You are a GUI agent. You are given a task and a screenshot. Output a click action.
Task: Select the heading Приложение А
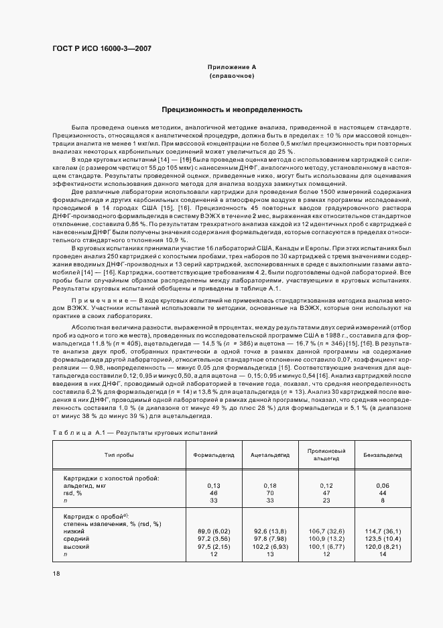(232, 68)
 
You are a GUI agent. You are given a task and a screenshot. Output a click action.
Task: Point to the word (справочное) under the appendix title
(232, 76)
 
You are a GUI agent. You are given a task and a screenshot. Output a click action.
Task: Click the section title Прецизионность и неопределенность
(232, 109)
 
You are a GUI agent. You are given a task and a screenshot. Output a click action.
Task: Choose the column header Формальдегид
(214, 455)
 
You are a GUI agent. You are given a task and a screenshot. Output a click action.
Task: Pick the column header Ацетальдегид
(270, 455)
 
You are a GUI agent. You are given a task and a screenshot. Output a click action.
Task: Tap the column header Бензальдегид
(383, 455)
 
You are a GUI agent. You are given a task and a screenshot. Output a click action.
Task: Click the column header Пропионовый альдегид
(326, 455)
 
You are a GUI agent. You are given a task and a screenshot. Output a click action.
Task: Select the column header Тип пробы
(119, 455)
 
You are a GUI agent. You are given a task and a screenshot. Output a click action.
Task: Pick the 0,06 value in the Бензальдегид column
(383, 485)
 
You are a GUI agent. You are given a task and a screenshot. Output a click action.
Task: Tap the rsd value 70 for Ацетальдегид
(270, 492)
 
